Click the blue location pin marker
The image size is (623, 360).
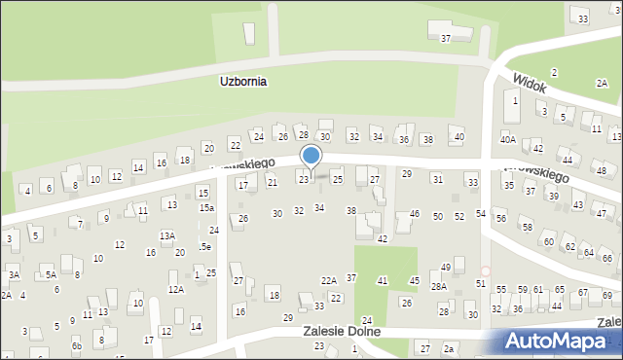click(311, 156)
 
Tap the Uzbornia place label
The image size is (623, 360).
click(242, 83)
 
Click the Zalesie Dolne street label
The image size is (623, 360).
click(340, 332)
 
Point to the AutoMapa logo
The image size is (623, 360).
click(562, 341)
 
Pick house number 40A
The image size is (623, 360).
click(508, 140)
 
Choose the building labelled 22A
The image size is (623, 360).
click(329, 280)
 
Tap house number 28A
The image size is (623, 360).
click(439, 287)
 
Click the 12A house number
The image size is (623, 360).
click(176, 289)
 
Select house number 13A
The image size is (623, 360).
click(167, 235)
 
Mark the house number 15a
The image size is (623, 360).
click(206, 208)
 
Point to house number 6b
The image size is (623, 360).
click(76, 345)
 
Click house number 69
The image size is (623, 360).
click(606, 294)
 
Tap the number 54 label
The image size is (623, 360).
click(480, 213)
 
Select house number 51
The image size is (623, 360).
click(480, 283)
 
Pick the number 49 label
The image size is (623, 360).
click(445, 267)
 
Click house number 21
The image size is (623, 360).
click(273, 182)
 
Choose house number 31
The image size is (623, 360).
click(437, 179)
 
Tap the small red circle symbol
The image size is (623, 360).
click(485, 271)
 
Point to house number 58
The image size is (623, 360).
click(528, 227)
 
